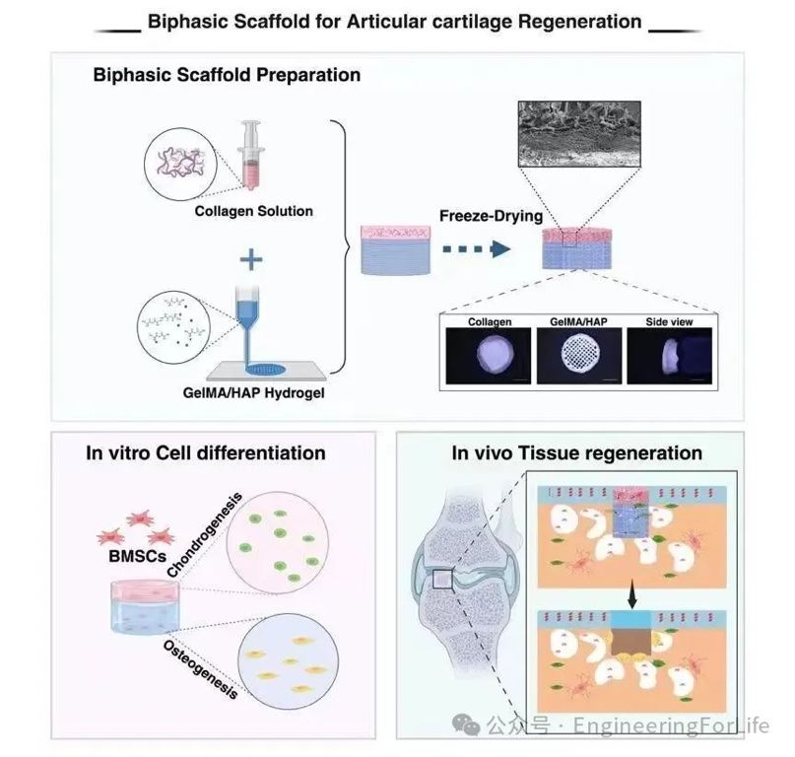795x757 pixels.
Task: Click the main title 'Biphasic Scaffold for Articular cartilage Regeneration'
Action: [394, 21]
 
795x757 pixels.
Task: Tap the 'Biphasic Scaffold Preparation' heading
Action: [227, 75]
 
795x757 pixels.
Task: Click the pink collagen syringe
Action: [253, 152]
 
